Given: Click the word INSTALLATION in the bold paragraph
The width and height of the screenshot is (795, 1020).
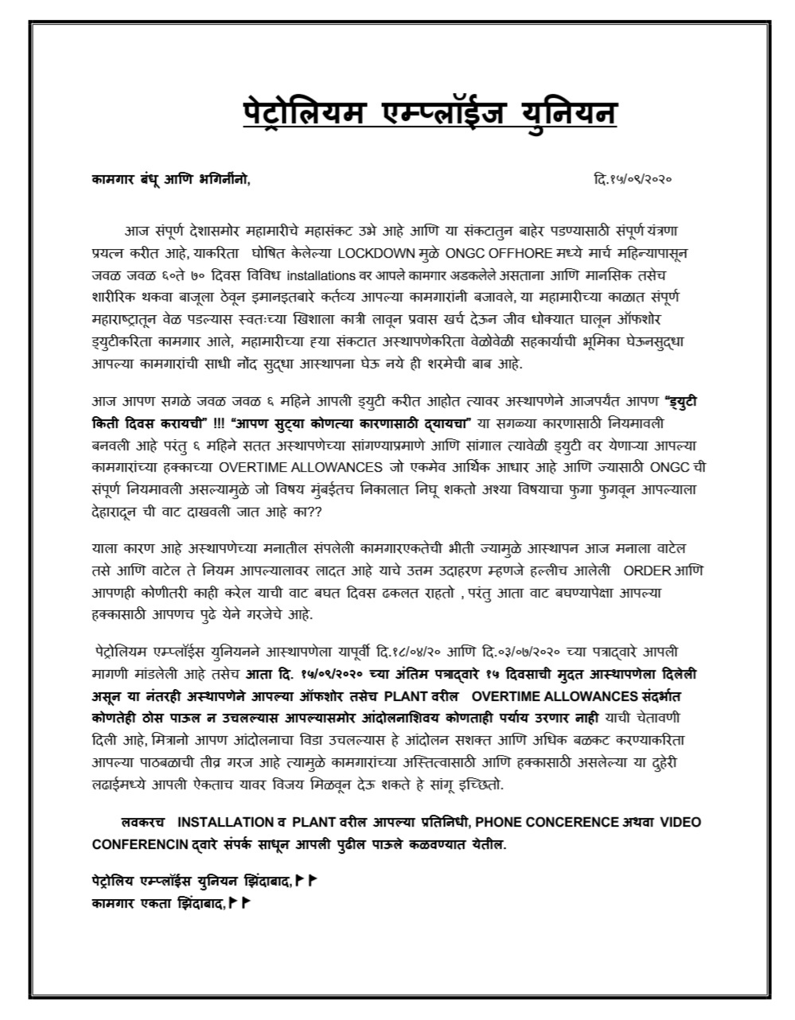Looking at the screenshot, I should (x=225, y=821).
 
